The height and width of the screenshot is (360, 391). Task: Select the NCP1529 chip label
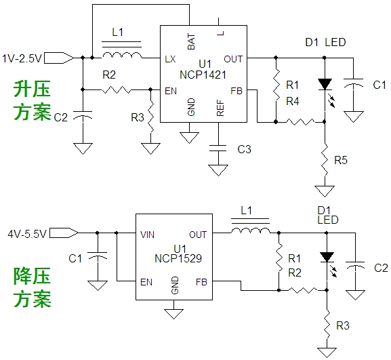tap(179, 258)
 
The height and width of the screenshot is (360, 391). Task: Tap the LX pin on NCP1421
tap(170, 59)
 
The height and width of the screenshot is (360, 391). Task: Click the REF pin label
tap(220, 108)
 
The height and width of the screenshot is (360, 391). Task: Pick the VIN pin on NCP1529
tap(147, 235)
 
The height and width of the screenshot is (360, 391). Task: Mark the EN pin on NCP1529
tap(144, 281)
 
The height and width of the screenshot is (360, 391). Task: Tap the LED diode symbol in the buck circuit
tap(327, 258)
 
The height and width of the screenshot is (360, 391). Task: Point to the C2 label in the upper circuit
tap(60, 117)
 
